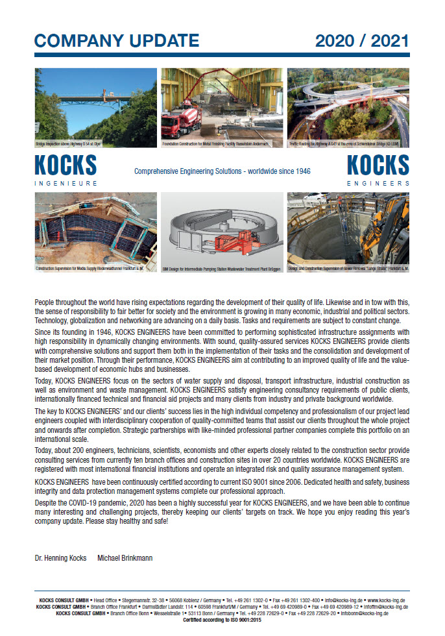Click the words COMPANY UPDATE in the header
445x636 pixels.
pyautogui.click(x=116, y=40)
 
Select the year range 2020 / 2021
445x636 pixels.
pyautogui.click(x=362, y=40)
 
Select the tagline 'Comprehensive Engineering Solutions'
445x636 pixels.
pyautogui.click(x=222, y=171)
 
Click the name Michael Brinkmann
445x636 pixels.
pyautogui.click(x=127, y=558)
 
